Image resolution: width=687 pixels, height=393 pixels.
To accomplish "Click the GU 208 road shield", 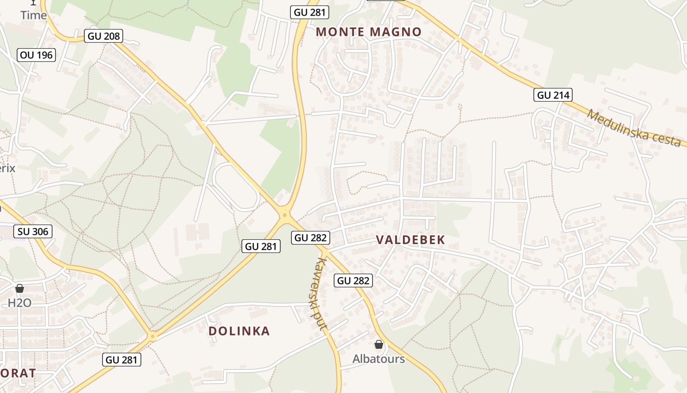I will point(103,36).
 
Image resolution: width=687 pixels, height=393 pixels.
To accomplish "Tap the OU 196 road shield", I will point(36,55).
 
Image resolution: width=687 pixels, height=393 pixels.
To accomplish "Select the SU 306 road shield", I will point(33,231).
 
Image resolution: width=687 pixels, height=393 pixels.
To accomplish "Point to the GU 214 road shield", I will point(554,95).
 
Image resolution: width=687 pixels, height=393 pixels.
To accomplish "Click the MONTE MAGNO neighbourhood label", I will point(369,32).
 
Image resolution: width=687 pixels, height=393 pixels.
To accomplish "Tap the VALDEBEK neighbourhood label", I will point(410,240).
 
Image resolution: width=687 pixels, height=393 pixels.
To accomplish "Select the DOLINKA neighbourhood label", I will point(239,331).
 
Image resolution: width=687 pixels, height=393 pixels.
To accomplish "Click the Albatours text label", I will point(378,359).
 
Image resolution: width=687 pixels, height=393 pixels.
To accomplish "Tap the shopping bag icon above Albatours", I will point(378,344).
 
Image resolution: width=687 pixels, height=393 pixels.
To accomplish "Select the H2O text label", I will point(20,303).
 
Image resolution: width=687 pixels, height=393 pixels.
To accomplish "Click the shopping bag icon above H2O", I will point(20,288).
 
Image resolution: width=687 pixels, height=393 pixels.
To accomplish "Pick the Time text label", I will point(33,15).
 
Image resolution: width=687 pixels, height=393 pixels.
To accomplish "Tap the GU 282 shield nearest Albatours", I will point(353,281).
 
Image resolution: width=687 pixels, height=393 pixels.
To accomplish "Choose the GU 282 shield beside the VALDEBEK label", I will point(311,238).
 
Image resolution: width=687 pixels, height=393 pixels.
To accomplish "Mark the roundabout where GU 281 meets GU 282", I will point(284,215).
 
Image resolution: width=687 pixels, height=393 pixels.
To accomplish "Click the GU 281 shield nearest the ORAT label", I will point(122,360).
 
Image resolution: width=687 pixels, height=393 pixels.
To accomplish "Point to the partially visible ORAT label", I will point(18,373).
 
